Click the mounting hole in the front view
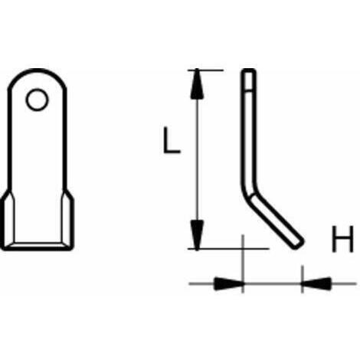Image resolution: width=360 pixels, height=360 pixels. [x=35, y=99]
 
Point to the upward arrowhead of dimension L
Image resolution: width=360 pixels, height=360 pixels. [x=198, y=85]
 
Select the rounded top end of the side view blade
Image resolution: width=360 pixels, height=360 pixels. [x=249, y=72]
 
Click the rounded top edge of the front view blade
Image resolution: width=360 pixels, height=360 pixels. [x=39, y=72]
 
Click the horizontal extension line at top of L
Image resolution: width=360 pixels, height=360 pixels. [x=205, y=70]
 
